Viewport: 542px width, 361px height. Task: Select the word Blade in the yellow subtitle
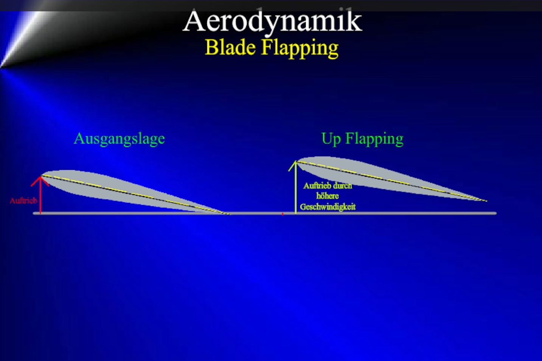pyautogui.click(x=230, y=47)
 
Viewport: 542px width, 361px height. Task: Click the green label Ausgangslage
pyautogui.click(x=119, y=139)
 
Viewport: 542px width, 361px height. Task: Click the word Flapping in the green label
pyautogui.click(x=374, y=139)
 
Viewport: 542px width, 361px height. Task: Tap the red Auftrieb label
pyautogui.click(x=23, y=201)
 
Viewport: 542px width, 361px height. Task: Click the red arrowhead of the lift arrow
pyautogui.click(x=40, y=180)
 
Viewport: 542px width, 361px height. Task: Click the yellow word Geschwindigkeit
pyautogui.click(x=328, y=207)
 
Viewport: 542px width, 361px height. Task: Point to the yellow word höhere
pyautogui.click(x=328, y=196)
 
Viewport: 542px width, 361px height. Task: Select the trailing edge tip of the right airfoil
pyautogui.click(x=487, y=201)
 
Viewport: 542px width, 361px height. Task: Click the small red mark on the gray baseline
pyautogui.click(x=283, y=214)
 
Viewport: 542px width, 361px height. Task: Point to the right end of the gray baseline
pyautogui.click(x=496, y=213)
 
